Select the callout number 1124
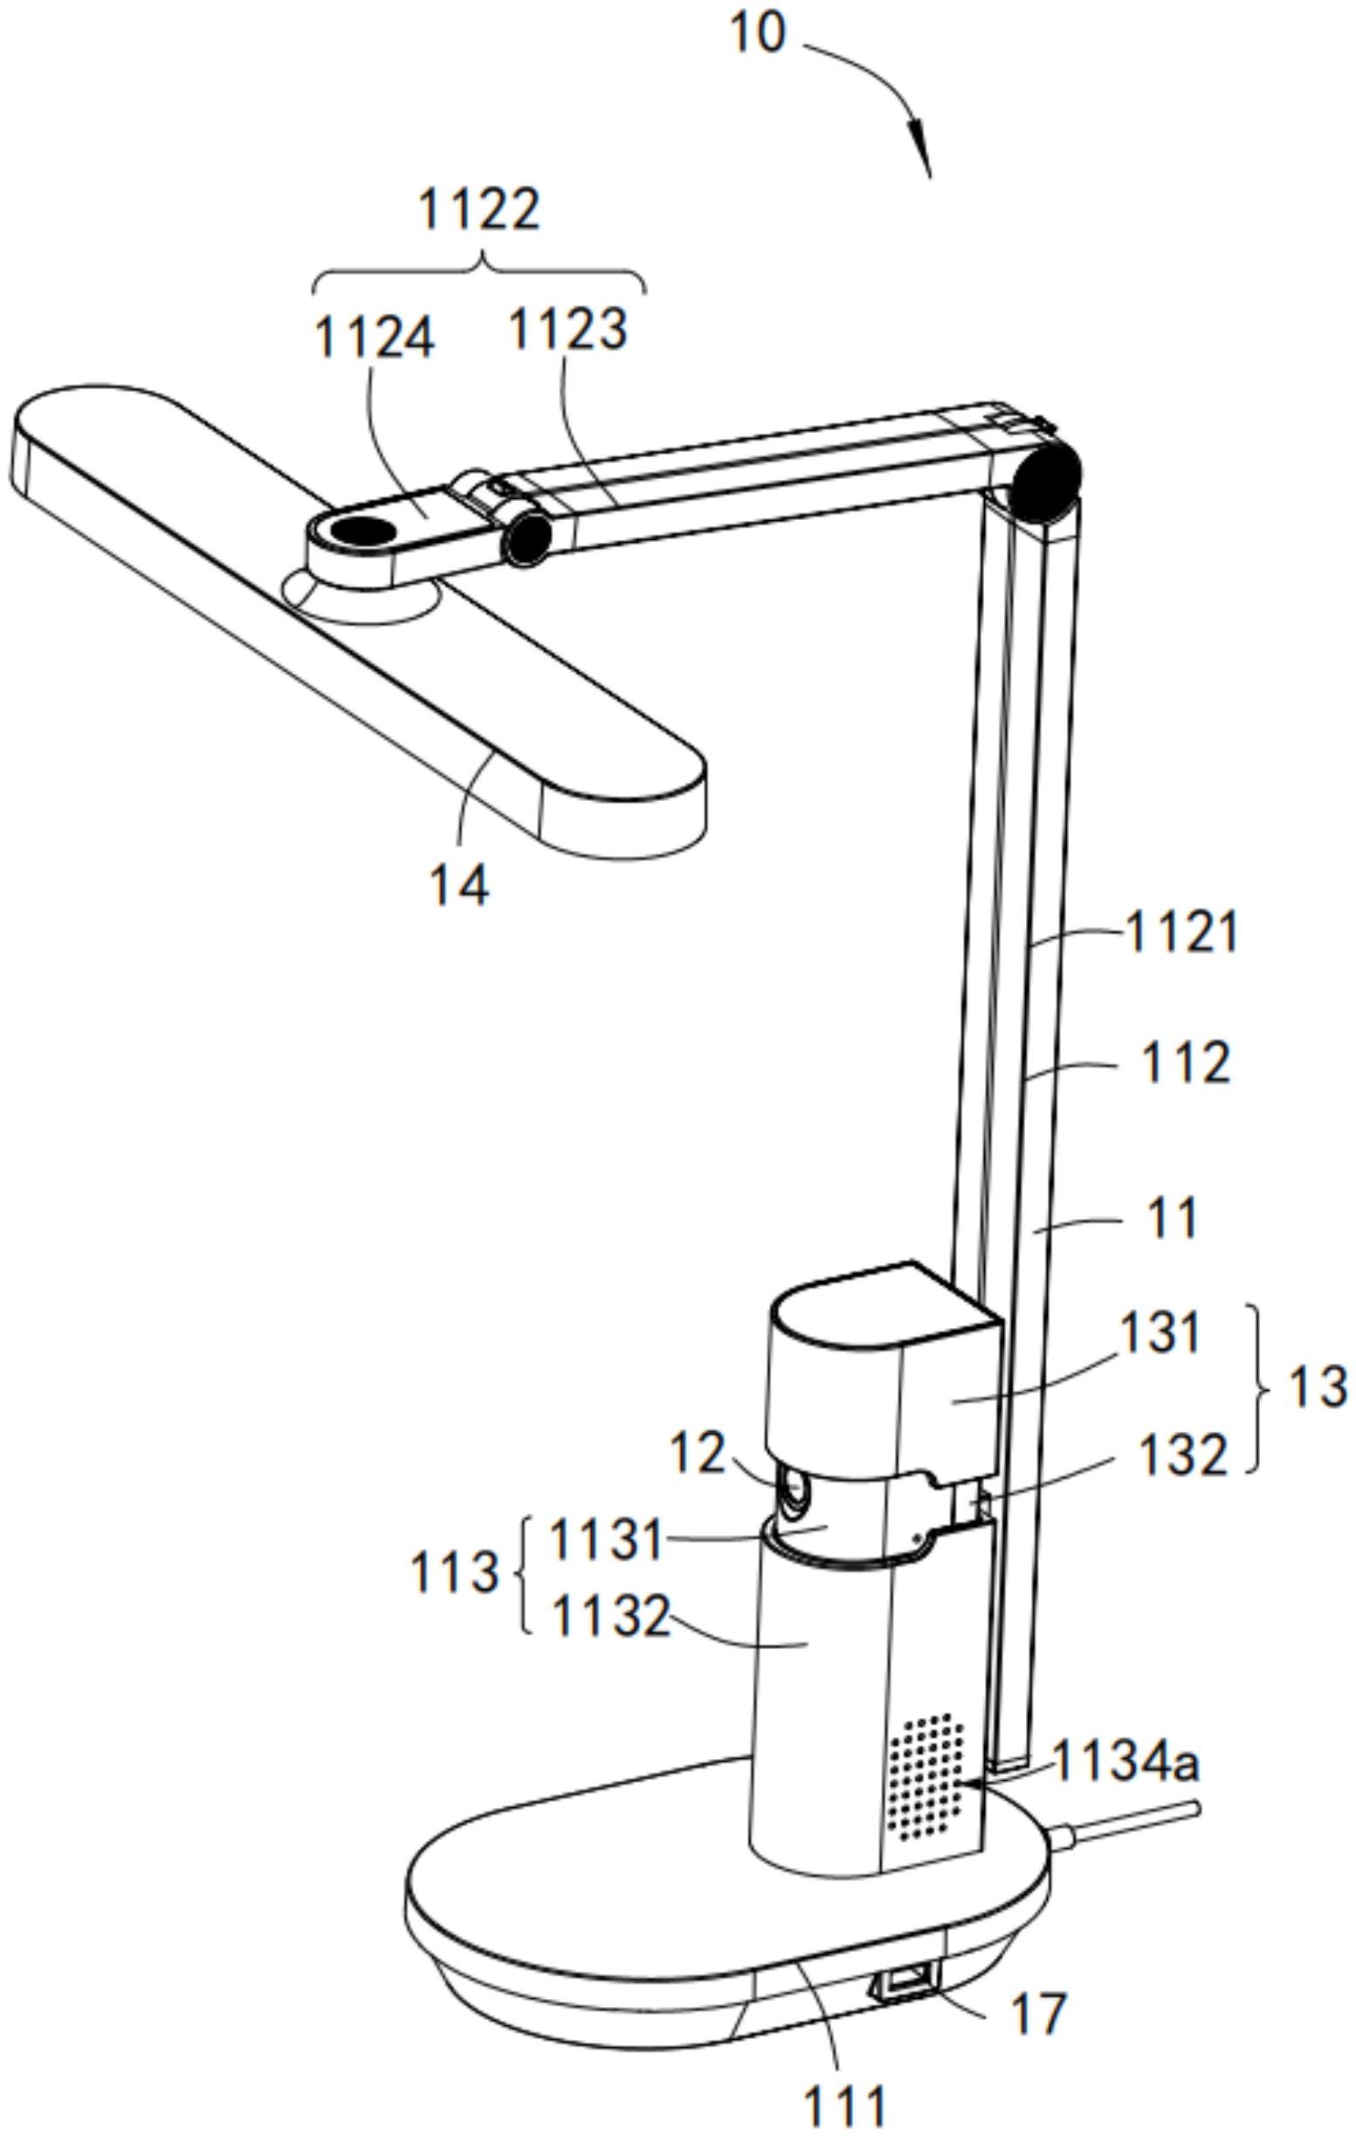(375, 338)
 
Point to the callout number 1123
(568, 329)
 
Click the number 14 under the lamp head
(458, 885)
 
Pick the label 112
(1186, 1064)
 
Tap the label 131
(1157, 1333)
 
